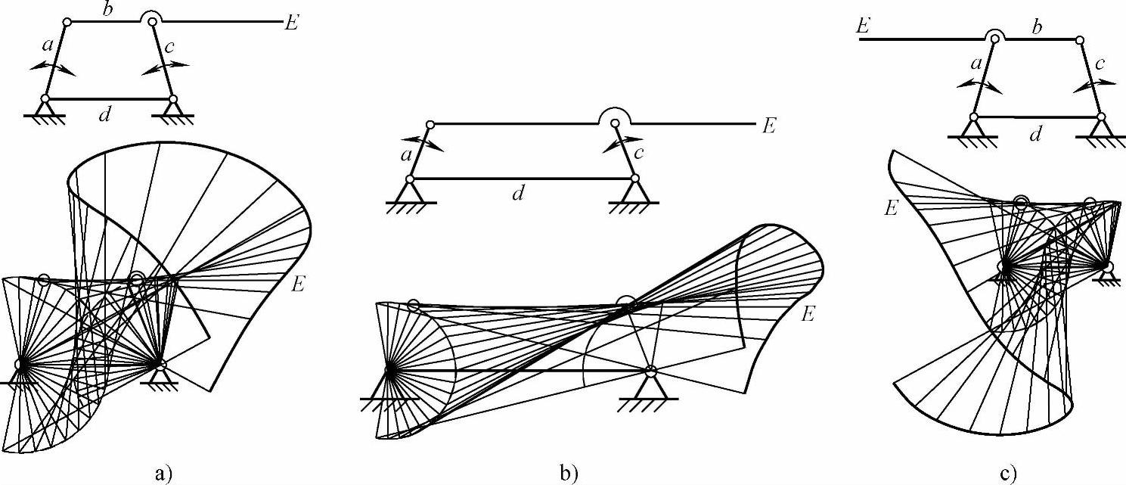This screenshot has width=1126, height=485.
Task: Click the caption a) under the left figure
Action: pos(163,474)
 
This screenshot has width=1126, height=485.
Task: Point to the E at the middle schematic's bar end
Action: pos(768,126)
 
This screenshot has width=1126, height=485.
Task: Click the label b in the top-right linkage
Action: pos(1037,25)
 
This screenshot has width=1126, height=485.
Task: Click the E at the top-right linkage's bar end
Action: pos(861,25)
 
